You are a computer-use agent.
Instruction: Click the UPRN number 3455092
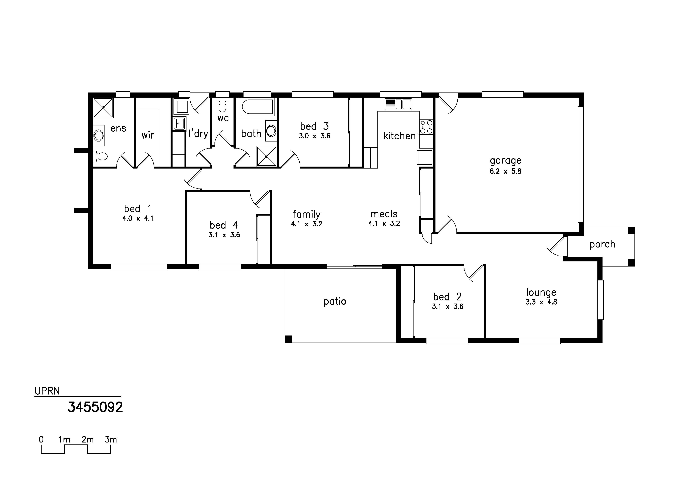pos(95,407)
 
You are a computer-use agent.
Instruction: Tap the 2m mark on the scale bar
pos(87,440)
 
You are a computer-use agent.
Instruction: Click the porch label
pos(602,245)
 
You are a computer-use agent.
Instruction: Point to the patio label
pos(335,301)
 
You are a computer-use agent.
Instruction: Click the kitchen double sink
pos(399,104)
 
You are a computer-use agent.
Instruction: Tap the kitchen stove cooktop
pos(426,127)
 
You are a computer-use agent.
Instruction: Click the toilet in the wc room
pos(222,103)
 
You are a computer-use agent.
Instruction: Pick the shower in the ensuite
pos(103,108)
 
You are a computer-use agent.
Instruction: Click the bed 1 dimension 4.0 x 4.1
pos(138,219)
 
